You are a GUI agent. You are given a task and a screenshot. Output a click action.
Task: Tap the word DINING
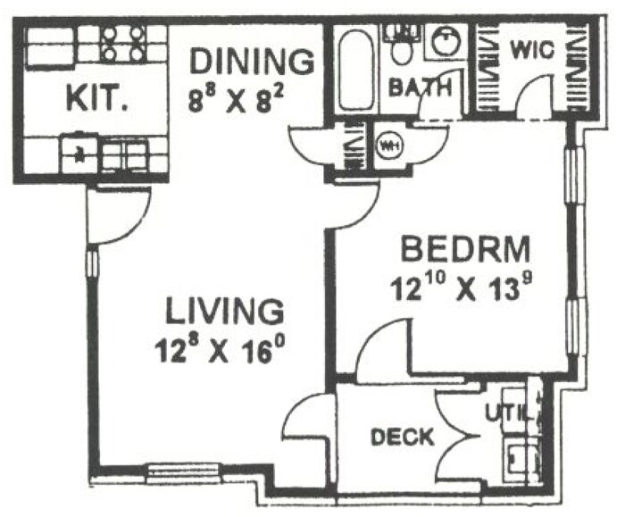pyautogui.click(x=252, y=63)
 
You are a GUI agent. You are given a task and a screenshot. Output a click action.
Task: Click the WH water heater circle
pyautogui.click(x=388, y=146)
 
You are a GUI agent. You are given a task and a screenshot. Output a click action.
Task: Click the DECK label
pyautogui.click(x=402, y=438)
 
